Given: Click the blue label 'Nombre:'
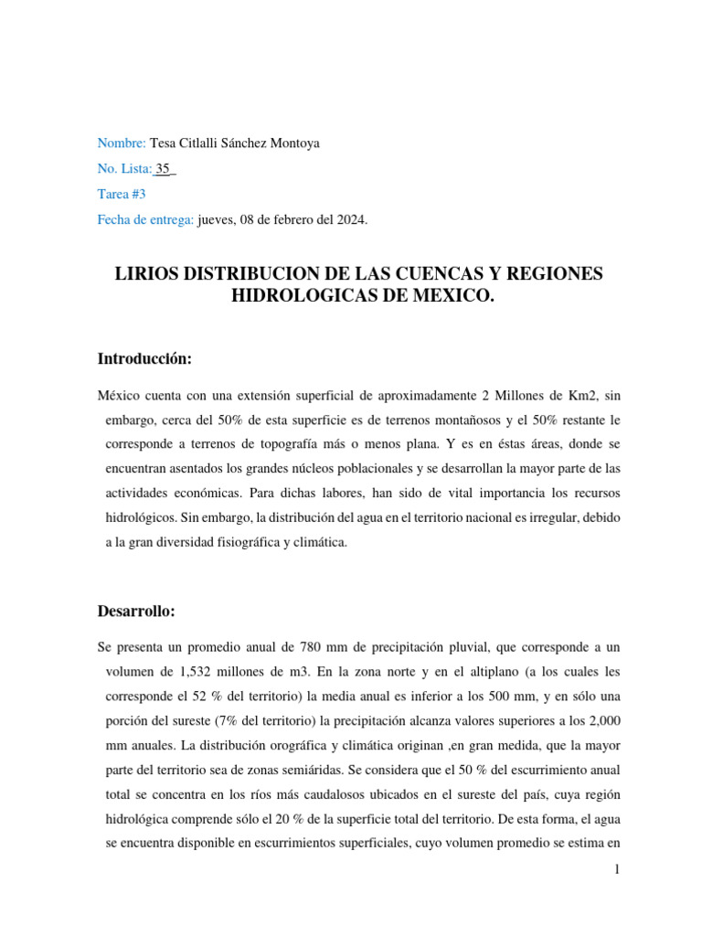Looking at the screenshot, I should (122, 144).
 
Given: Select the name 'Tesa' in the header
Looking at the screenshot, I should (165, 144).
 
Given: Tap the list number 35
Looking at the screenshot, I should (164, 169).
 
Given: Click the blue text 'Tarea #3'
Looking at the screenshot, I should (122, 195).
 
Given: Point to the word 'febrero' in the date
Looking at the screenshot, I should (300, 220).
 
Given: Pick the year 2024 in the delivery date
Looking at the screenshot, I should (351, 220).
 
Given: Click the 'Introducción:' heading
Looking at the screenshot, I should (144, 359).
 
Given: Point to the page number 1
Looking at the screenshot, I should (617, 870).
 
